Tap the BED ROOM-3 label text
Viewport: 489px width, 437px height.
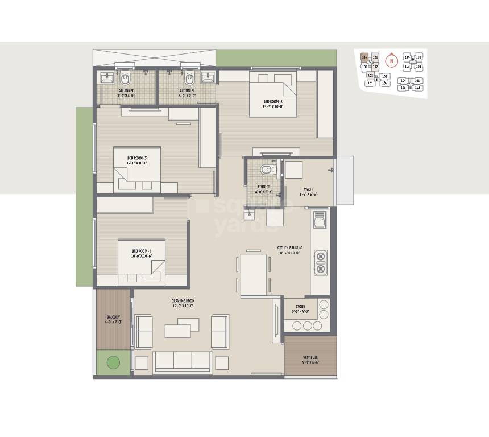click(x=136, y=158)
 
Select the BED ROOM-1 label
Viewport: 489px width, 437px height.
click(x=141, y=250)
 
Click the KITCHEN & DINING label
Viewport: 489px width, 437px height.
click(x=289, y=248)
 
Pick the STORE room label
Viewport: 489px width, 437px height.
click(x=300, y=306)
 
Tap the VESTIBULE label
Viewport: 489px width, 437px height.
click(x=310, y=358)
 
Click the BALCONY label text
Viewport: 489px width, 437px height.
click(x=112, y=317)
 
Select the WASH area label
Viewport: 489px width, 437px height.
click(x=308, y=189)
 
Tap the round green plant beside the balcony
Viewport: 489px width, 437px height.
click(x=113, y=362)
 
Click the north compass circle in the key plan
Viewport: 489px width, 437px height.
click(x=391, y=60)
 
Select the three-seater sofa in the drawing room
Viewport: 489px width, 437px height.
click(x=182, y=361)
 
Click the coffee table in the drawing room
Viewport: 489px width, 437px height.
click(x=183, y=328)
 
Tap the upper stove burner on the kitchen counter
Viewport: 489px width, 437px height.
click(x=320, y=255)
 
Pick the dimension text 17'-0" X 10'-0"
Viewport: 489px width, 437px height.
click(x=183, y=306)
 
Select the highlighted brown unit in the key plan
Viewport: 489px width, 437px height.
click(x=364, y=57)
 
